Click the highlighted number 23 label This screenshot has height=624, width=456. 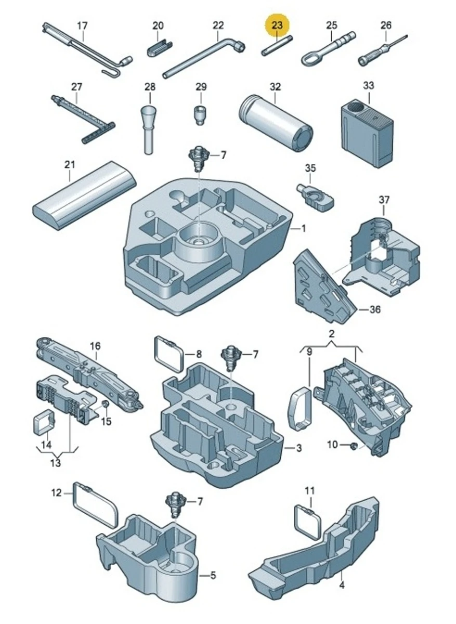pos(277,24)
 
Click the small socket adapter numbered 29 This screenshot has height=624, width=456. pos(200,114)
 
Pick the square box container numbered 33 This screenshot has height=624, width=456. pos(366,133)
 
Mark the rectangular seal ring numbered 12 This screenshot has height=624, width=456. pos(96,503)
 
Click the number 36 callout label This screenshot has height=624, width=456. pos(374,309)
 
